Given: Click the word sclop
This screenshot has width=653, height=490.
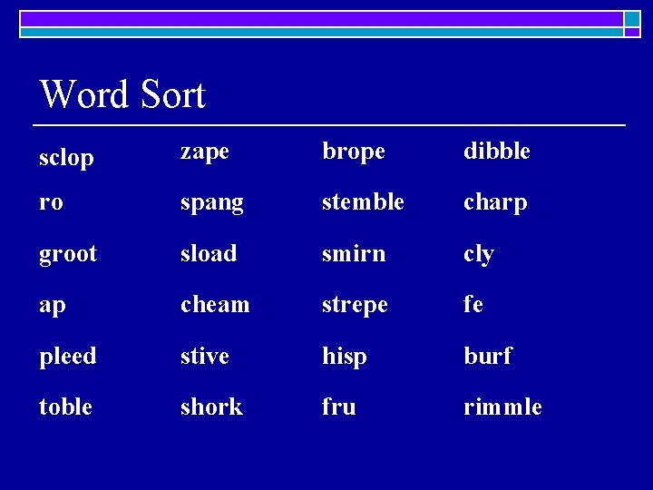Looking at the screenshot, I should pos(66,159).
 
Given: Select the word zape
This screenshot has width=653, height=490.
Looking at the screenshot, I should pos(205,152).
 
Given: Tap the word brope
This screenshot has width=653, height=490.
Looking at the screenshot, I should pos(354,152).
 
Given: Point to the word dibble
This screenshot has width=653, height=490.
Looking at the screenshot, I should pos(497,151).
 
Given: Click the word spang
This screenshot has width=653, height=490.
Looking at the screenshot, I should pos(212,203).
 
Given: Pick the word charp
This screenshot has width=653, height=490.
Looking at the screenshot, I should pos(495,203).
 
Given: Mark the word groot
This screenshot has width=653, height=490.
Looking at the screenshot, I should pos(68,254).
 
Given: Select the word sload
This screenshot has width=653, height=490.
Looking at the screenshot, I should pos(209,253).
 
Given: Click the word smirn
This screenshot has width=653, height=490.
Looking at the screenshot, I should pos(354,253).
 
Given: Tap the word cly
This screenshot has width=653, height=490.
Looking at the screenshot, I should pos(479,255).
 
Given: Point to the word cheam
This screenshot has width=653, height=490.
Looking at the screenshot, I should pos(215,305).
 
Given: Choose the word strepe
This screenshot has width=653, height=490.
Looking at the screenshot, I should pos(355,306).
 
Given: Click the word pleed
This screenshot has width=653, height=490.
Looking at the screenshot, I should pos(68,356).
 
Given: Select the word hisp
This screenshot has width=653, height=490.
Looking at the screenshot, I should pos(345,357).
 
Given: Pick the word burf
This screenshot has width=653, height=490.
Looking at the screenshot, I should pos(488,356).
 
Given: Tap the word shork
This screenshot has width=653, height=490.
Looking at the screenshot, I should pos(211,407).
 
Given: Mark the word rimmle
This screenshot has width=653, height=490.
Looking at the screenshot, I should pos(502,407).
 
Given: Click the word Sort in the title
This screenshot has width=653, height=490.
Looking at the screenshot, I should pos(172,94).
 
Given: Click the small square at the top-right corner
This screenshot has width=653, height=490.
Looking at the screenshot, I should pos(631,19).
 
